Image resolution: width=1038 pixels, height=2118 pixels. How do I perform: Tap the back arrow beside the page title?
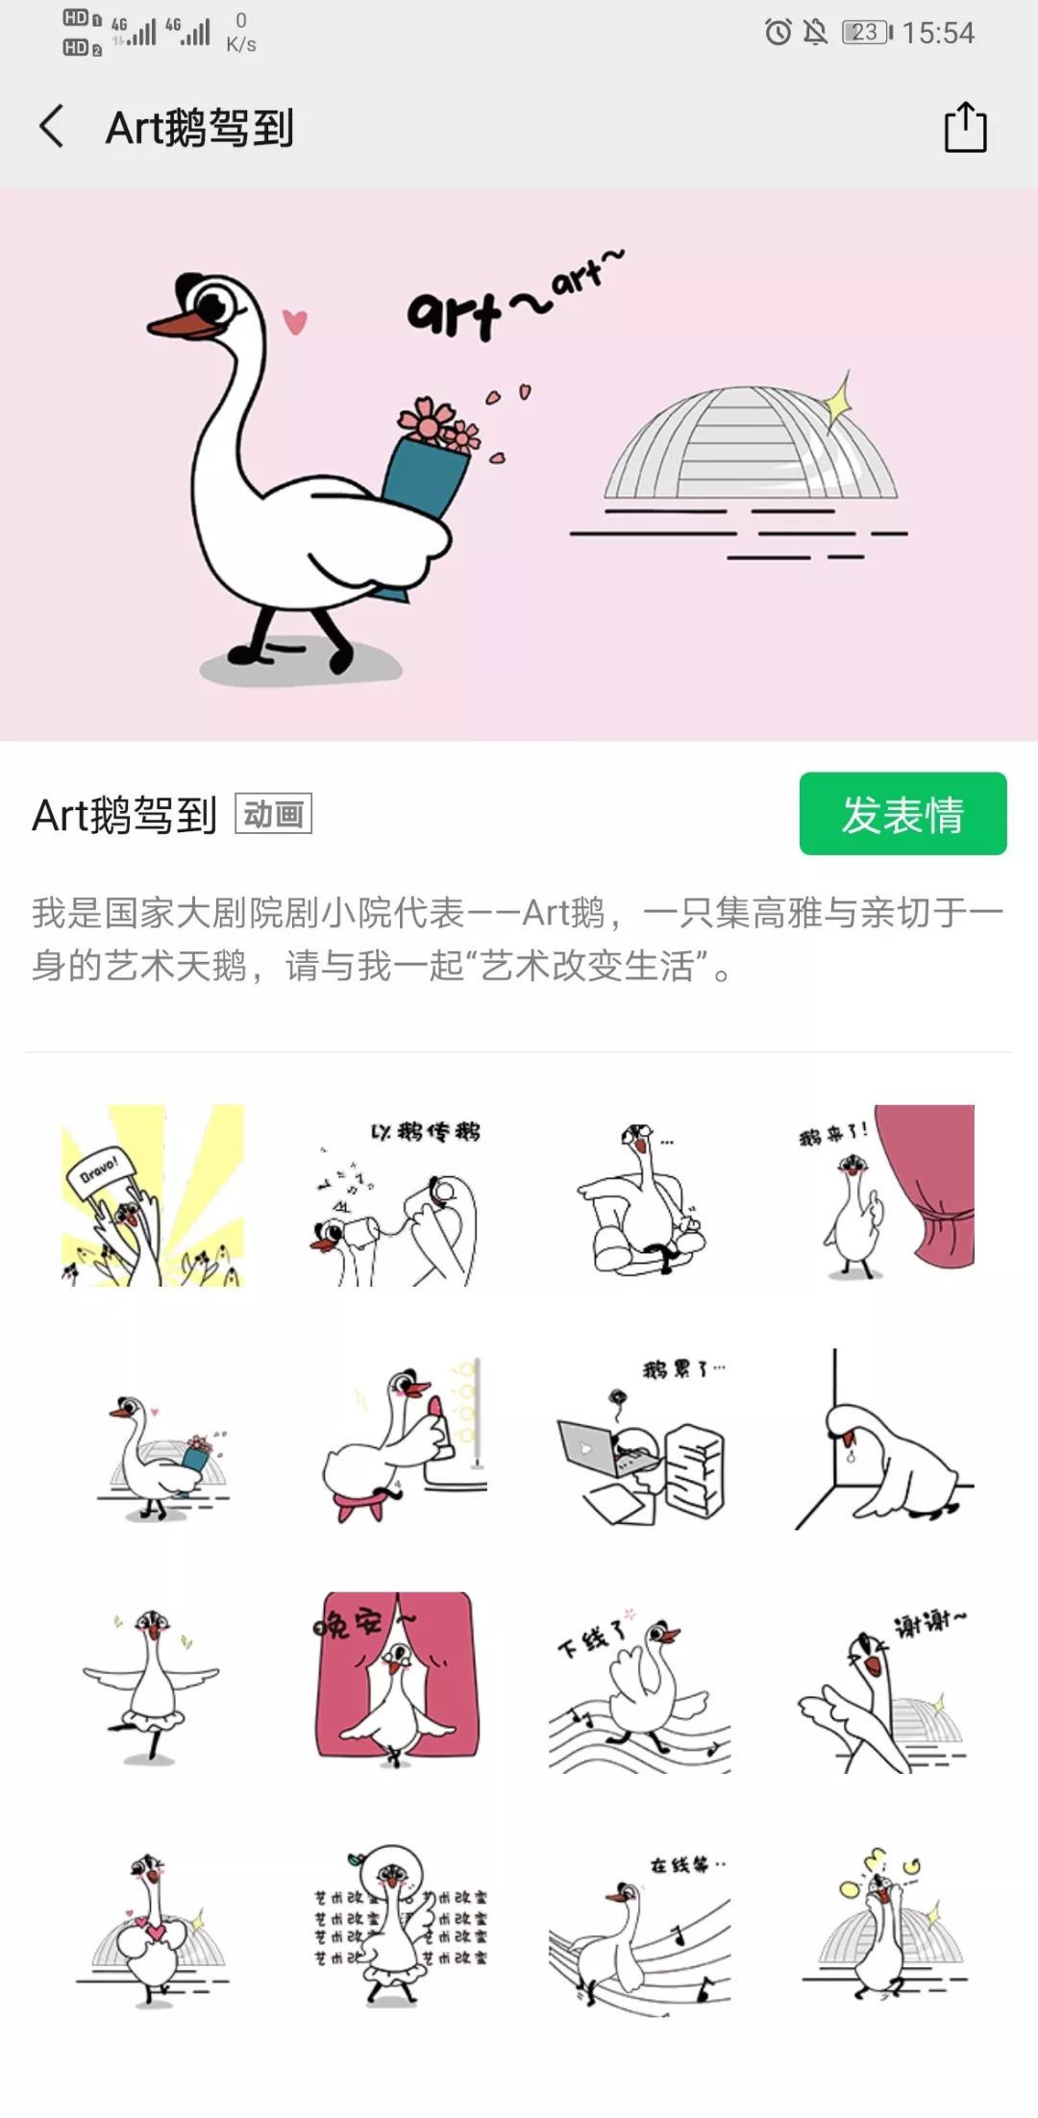point(52,127)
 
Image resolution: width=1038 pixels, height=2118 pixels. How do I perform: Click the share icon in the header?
point(965,127)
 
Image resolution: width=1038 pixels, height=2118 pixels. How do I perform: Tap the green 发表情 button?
point(902,814)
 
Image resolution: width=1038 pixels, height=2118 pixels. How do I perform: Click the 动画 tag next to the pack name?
point(274,814)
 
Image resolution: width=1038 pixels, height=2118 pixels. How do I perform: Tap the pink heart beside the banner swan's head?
point(295,321)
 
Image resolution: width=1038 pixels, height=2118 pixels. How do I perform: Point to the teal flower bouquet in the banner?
point(426,480)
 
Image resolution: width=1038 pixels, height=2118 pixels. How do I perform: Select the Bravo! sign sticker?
point(153,1195)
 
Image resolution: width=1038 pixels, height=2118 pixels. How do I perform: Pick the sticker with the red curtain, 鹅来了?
point(884,1195)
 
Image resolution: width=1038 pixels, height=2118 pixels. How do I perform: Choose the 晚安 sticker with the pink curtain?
point(396,1677)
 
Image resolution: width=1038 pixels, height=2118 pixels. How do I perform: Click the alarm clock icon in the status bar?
point(778,33)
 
